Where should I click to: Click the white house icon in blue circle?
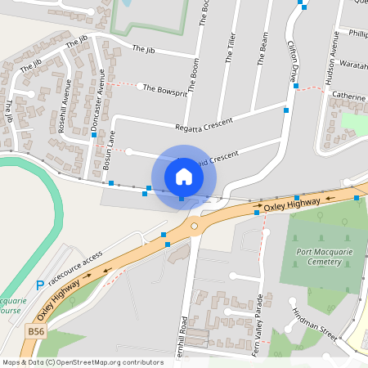tap(184, 176)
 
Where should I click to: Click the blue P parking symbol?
tap(40, 285)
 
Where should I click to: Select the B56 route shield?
tap(34, 331)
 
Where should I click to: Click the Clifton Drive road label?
tap(295, 58)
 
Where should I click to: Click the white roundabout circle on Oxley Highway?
tap(195, 226)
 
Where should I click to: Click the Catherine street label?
tap(348, 96)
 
